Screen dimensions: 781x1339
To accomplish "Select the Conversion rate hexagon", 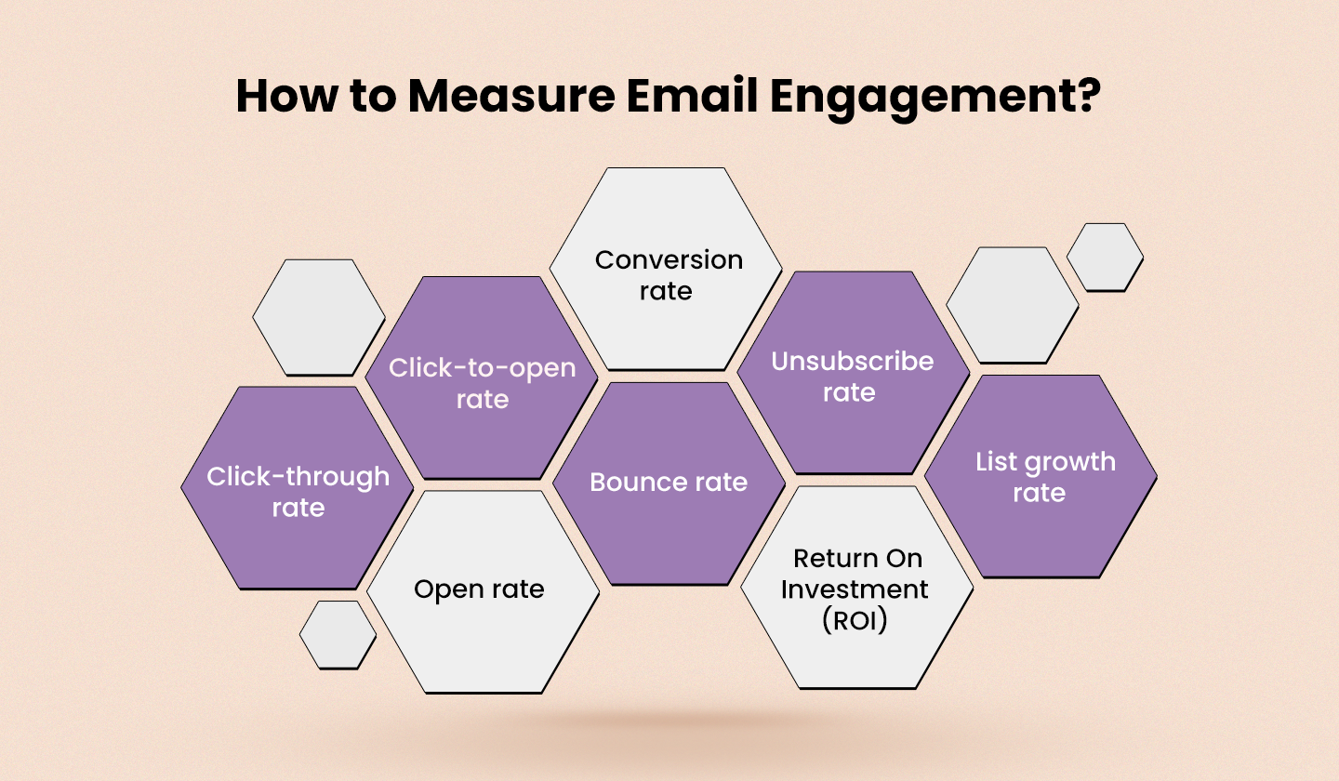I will [x=666, y=270].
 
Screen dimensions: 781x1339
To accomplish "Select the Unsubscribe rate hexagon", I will [x=853, y=373].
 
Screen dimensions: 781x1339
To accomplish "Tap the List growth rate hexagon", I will [x=1041, y=476].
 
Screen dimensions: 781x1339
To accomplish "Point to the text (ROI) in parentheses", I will [x=855, y=620].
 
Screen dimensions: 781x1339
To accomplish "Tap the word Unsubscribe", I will [x=853, y=361].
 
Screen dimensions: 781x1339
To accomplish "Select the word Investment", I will [x=855, y=589].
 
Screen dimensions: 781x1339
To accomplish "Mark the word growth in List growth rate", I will [x=1067, y=462].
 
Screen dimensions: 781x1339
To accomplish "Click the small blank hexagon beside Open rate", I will [x=338, y=635].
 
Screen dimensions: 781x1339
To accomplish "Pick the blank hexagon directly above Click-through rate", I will [x=319, y=317].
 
